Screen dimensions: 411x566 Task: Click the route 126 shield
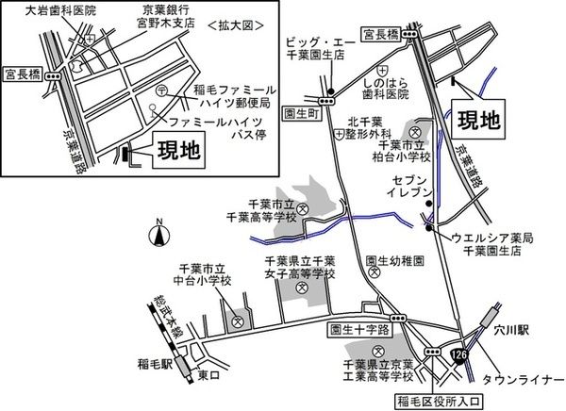tap(459, 353)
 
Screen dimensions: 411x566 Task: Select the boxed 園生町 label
tap(301, 110)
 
